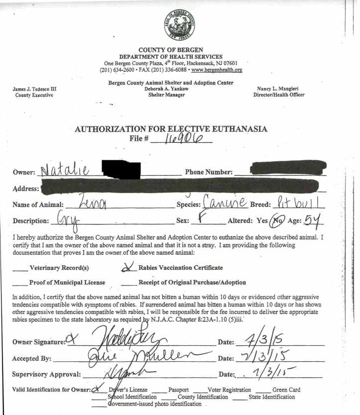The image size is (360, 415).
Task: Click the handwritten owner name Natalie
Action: coord(64,171)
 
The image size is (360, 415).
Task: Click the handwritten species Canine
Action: coord(225,203)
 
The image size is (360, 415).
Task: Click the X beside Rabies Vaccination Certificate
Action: coord(128,268)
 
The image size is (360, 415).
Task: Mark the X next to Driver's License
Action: coord(96,389)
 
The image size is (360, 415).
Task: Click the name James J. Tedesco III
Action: coord(34,89)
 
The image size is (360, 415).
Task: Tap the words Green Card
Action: coord(286,390)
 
